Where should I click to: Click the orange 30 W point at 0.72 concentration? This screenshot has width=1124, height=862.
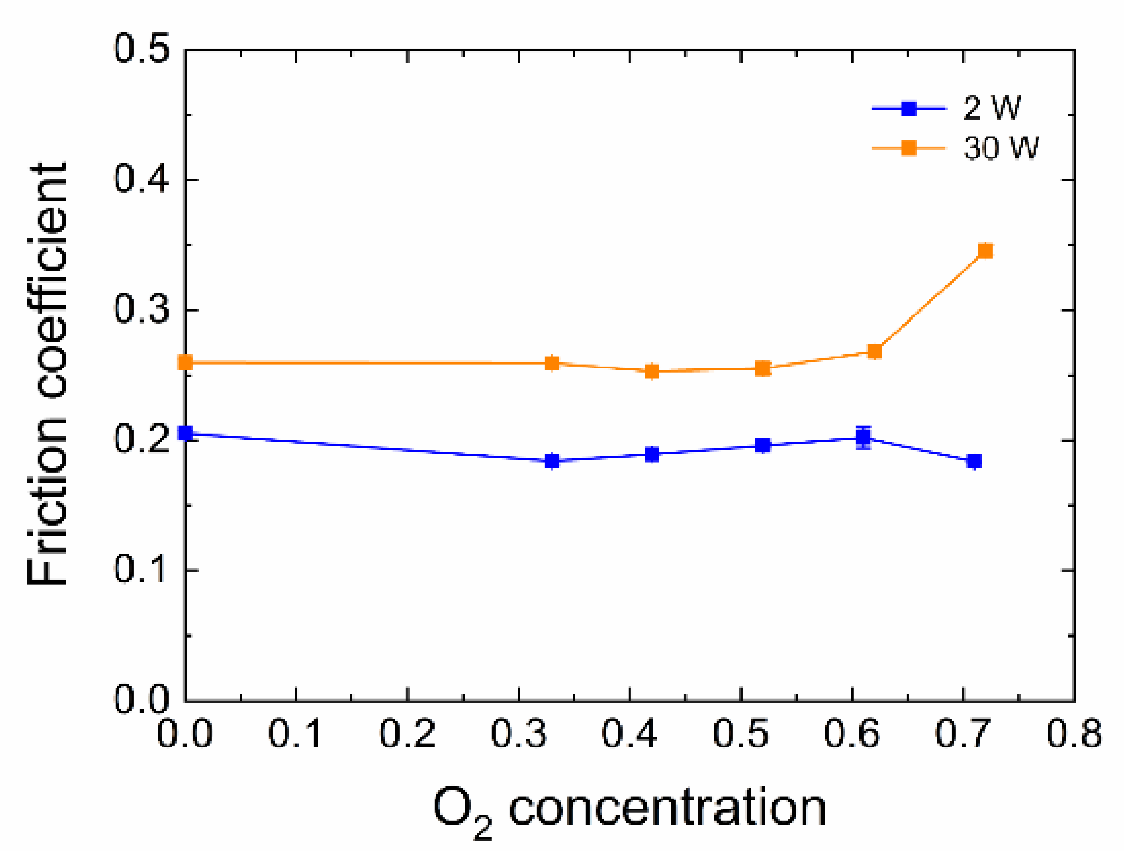985,251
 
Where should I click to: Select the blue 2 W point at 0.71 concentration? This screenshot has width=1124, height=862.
974,461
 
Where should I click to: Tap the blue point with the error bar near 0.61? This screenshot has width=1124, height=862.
863,437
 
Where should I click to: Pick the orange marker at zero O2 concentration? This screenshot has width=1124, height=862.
185,363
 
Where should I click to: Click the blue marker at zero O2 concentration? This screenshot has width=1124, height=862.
185,433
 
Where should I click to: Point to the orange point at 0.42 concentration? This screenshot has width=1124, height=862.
652,371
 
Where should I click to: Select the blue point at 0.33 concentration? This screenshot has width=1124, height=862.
552,461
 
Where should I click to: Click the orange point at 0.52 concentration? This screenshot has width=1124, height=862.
763,368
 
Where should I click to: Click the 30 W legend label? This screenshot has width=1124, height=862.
1000,148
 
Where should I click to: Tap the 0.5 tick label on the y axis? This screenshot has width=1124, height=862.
141,50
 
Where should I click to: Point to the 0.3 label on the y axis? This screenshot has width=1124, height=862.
141,310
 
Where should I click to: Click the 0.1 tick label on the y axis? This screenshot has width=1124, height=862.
141,569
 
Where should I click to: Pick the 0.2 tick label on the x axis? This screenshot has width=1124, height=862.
407,733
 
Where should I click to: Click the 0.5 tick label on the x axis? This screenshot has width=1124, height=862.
741,733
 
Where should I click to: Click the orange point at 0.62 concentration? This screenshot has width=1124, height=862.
875,351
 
